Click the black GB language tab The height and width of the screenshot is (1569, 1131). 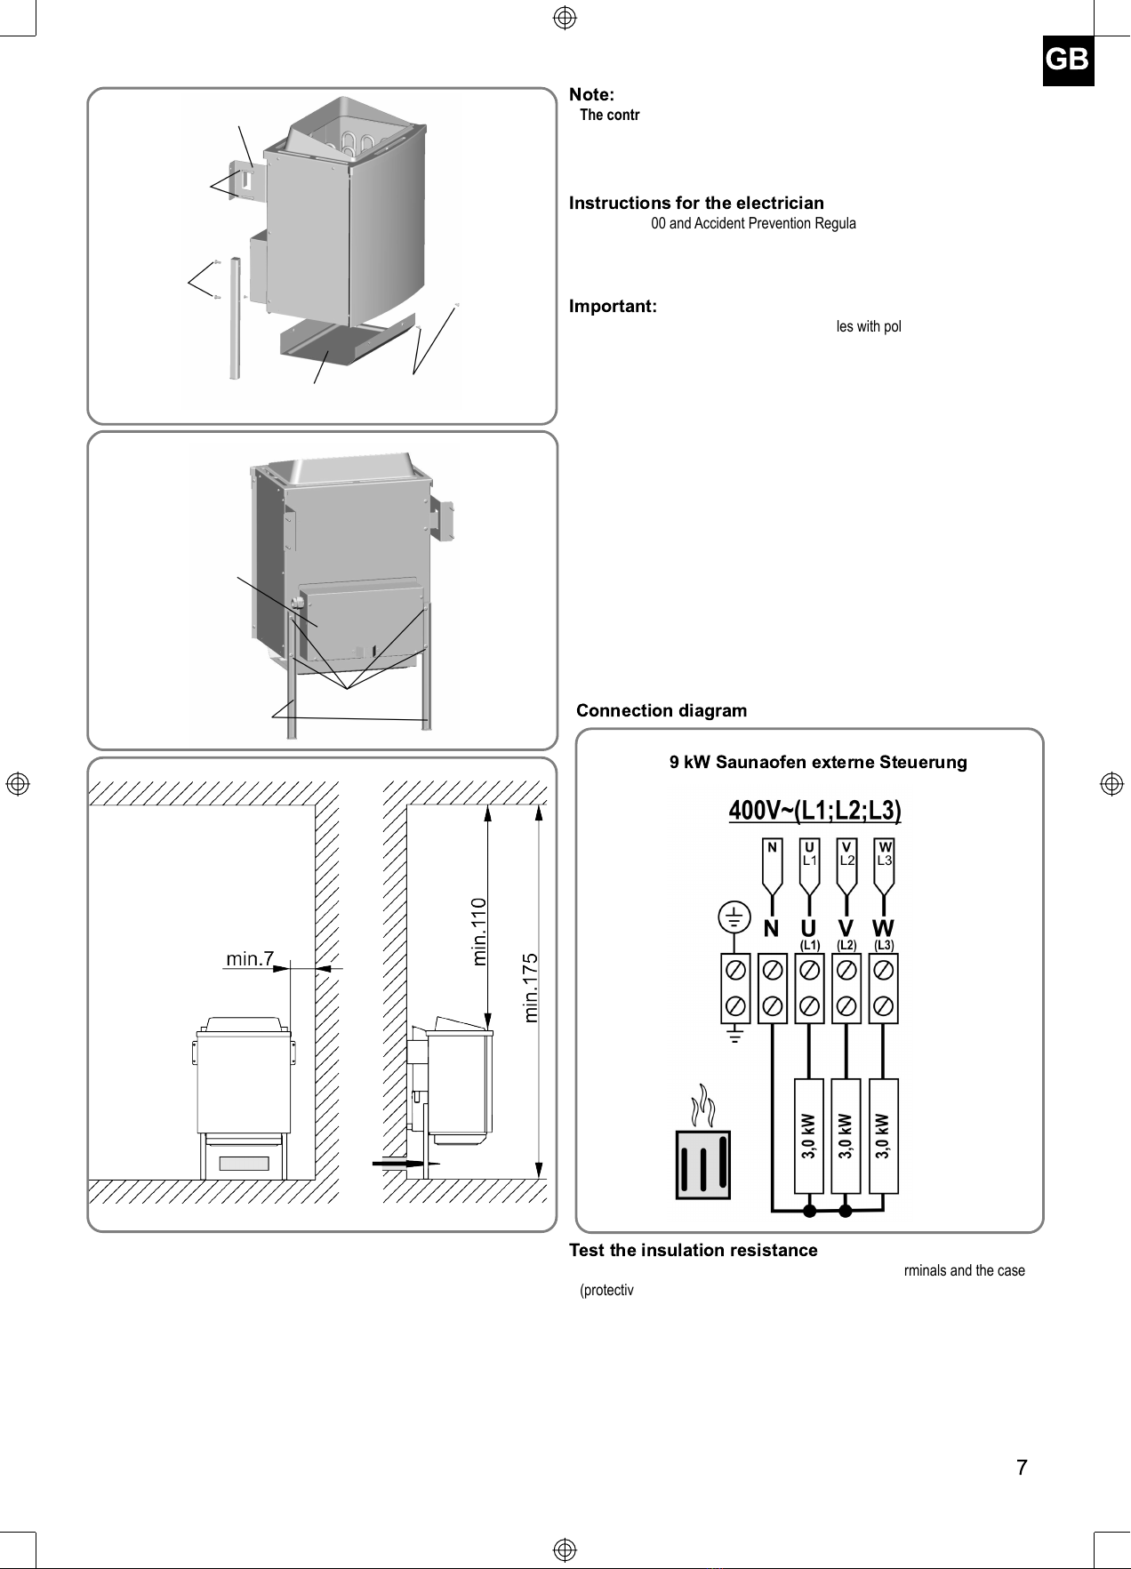[x=1068, y=60]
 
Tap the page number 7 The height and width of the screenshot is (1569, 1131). [x=1022, y=1468]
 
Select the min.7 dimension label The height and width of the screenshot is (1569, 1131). [x=250, y=958]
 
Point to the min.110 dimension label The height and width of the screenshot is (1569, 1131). [x=479, y=932]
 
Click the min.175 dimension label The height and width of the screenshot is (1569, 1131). [x=532, y=988]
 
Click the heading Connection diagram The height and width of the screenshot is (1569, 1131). [x=662, y=710]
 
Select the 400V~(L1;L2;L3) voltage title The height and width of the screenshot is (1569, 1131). [x=815, y=811]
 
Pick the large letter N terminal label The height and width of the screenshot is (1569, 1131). [x=771, y=929]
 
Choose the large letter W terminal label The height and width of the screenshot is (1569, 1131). [x=883, y=929]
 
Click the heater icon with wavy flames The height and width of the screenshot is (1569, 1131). [x=702, y=1141]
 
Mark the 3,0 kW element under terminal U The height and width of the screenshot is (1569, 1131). [x=808, y=1136]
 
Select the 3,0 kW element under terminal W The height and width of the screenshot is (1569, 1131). [x=883, y=1136]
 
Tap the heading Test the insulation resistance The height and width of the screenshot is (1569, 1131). [x=693, y=1250]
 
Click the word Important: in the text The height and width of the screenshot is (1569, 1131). [x=613, y=307]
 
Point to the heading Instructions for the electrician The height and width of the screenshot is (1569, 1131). [x=696, y=203]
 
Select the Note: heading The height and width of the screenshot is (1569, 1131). [x=591, y=94]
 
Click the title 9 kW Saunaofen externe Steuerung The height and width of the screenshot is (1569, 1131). [x=818, y=762]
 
